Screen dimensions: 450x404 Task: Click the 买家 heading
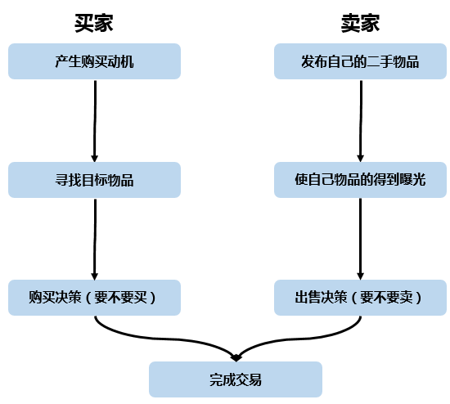pyautogui.click(x=94, y=23)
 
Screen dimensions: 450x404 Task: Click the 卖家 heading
pyautogui.click(x=361, y=23)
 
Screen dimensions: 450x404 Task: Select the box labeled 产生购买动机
pyautogui.click(x=94, y=61)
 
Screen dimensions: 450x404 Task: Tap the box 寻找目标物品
pyautogui.click(x=94, y=180)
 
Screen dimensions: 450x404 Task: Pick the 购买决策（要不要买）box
pyautogui.click(x=94, y=298)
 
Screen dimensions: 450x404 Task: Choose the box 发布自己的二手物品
pyautogui.click(x=361, y=61)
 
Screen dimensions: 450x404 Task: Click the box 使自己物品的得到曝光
pyautogui.click(x=361, y=180)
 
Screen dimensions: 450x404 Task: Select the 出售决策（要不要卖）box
pyautogui.click(x=361, y=298)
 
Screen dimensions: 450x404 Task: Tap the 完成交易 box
pyautogui.click(x=236, y=379)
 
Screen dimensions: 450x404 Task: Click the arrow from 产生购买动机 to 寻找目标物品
pyautogui.click(x=95, y=121)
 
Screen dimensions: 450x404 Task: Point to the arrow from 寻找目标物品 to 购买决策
pyautogui.click(x=95, y=240)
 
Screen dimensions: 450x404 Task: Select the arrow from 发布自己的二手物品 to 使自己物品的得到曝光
pyautogui.click(x=361, y=121)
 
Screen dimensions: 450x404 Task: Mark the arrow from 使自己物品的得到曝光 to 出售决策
pyautogui.click(x=361, y=239)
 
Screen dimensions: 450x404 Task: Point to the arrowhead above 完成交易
pyautogui.click(x=236, y=358)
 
